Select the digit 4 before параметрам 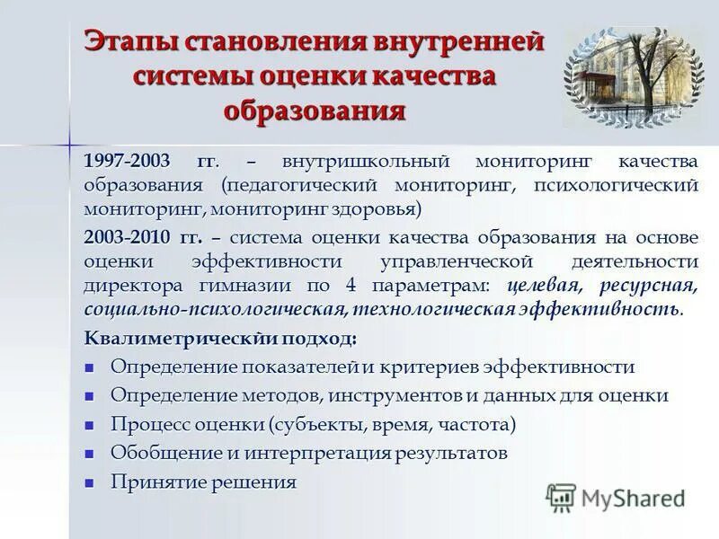coord(350,286)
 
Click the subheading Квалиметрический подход coord(219,339)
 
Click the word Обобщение coord(160,453)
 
